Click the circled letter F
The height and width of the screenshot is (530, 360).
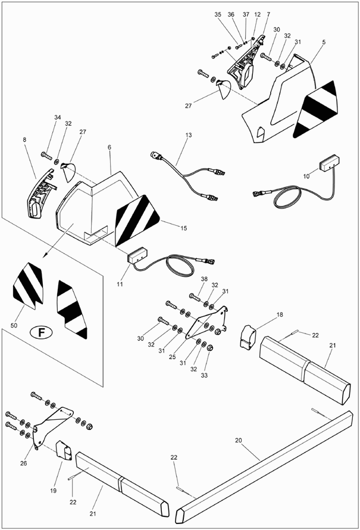coord(41,333)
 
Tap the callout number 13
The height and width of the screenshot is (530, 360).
coord(189,135)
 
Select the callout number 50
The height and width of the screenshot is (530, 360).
coord(14,326)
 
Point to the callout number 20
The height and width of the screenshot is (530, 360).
coord(239,440)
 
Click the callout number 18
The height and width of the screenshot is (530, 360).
coord(280,314)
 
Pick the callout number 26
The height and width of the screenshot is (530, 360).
coord(23,463)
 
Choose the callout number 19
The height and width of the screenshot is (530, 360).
coord(54,491)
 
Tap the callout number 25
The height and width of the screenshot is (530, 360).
coord(172,357)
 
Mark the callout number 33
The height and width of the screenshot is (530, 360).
coord(204,375)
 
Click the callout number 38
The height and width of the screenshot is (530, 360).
coord(204,279)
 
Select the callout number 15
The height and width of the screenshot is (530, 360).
coord(183,228)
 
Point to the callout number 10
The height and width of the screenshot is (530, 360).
coord(306,176)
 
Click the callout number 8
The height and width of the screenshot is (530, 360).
coord(24,139)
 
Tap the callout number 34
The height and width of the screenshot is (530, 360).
coord(58,117)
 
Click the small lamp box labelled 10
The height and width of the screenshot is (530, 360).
coord(329,163)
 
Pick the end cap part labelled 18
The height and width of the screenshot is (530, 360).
coord(248,336)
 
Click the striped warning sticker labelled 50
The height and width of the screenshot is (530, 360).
coord(29,286)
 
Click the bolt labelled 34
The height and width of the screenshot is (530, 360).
coord(46,156)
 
